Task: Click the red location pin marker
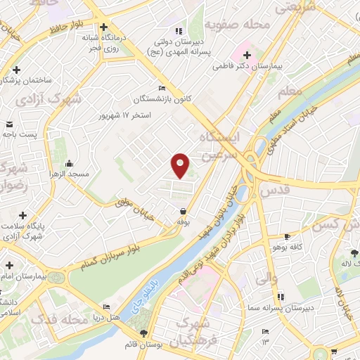(x=181, y=165)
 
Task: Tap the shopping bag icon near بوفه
(x=183, y=211)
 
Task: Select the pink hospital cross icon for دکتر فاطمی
(x=247, y=55)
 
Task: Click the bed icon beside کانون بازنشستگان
(x=162, y=89)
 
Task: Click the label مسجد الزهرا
(x=68, y=173)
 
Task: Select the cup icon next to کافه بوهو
(x=286, y=237)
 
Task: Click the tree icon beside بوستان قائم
(x=144, y=333)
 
